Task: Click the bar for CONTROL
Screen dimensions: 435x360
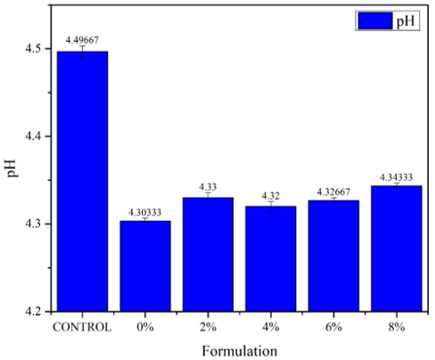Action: (82, 182)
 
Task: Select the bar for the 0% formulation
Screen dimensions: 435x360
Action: (145, 266)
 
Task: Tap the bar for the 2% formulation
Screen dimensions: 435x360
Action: (208, 255)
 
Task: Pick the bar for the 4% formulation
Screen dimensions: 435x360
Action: (271, 258)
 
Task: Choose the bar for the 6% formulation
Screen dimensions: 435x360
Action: (333, 256)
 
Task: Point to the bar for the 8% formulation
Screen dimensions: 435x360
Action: (397, 249)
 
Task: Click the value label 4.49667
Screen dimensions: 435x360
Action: (82, 40)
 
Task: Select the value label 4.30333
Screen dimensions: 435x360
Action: (145, 212)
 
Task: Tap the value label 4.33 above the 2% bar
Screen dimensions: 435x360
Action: (208, 187)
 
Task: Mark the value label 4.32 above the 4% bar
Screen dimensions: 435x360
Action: (271, 196)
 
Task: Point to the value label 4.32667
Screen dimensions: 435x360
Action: (333, 192)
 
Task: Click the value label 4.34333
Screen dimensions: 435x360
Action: (397, 177)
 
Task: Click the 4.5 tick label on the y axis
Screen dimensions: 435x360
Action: (34, 49)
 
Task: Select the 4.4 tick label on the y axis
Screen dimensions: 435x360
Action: (34, 136)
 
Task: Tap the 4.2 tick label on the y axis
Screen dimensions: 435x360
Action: (34, 312)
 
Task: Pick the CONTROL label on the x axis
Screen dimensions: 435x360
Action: (82, 327)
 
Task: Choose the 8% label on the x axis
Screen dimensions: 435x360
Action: (397, 327)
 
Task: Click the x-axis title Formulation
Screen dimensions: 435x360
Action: (240, 351)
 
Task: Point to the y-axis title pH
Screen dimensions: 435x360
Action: (12, 168)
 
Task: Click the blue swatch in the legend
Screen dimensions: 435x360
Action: (375, 20)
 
